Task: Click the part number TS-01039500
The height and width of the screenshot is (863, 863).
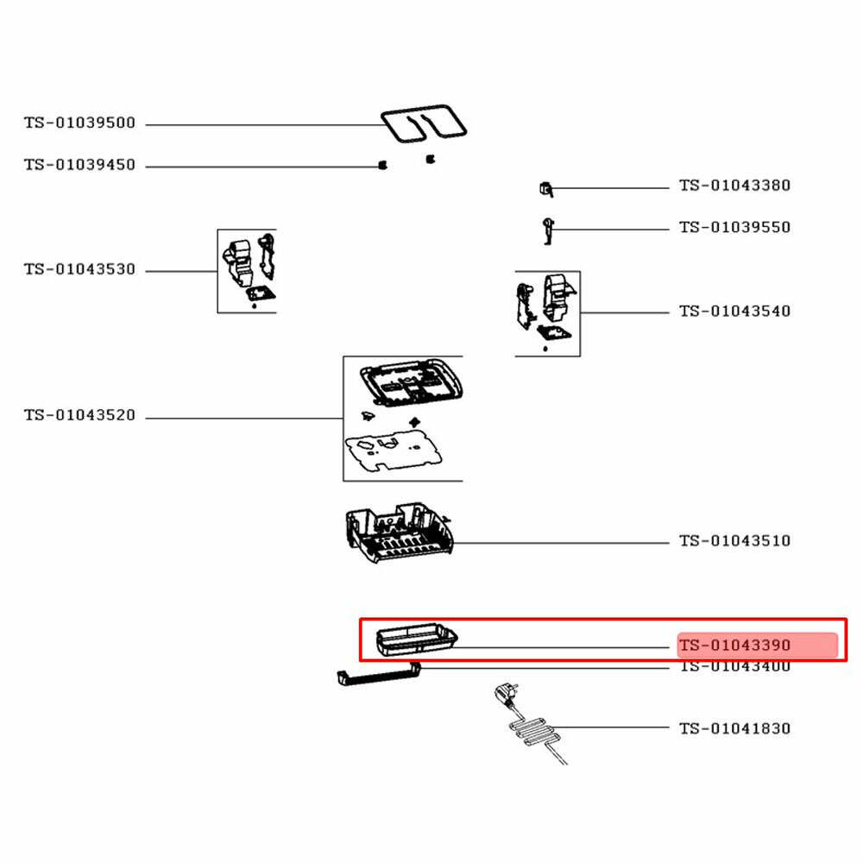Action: click(79, 123)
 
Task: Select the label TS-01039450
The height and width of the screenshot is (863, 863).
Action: click(79, 165)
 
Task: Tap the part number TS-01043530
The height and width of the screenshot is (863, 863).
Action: click(79, 270)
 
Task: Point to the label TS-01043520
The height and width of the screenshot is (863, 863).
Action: click(79, 416)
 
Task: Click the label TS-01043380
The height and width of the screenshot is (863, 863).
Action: click(734, 186)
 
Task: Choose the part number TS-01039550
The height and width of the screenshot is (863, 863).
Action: click(734, 228)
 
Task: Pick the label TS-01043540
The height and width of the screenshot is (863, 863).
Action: click(734, 312)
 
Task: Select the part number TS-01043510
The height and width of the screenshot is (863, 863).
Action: click(734, 541)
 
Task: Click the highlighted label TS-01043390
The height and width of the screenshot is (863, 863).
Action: click(734, 646)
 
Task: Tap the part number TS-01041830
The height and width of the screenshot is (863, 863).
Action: click(734, 728)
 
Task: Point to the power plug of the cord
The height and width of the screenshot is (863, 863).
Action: click(500, 693)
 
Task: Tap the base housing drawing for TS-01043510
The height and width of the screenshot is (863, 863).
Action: click(396, 536)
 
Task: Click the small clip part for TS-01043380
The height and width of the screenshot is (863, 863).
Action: click(545, 187)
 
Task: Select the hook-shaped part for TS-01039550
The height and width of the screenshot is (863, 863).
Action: click(547, 230)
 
